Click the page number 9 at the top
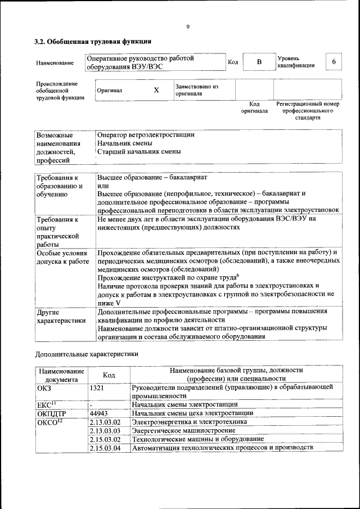tap(188, 26)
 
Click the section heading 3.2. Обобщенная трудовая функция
tap(93, 42)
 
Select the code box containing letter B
tap(259, 62)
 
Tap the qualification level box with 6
tap(334, 62)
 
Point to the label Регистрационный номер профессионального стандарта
tap(308, 111)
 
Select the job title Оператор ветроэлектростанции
tap(146, 135)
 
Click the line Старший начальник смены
tap(139, 152)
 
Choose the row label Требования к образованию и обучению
tap(59, 186)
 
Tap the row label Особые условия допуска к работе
tap(62, 257)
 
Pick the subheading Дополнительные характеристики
tap(86, 354)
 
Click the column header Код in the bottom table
tap(109, 375)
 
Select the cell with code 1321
tap(97, 388)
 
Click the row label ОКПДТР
tap(52, 413)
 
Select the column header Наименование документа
tap(61, 375)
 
